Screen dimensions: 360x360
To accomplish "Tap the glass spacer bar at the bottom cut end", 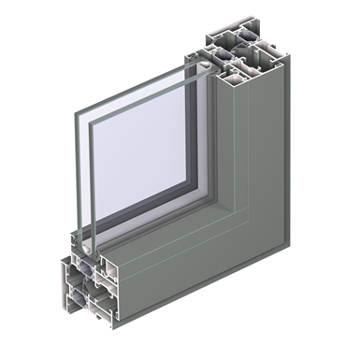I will [x=84, y=246].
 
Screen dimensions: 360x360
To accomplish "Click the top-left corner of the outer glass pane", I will [x=75, y=114].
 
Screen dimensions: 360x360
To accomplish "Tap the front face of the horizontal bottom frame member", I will [x=203, y=267].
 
